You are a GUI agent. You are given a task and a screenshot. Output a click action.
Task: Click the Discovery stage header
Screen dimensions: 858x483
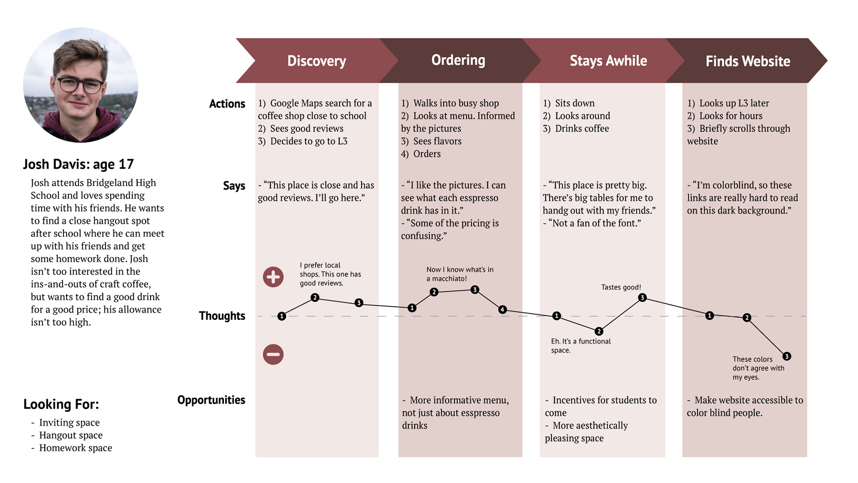click(x=316, y=61)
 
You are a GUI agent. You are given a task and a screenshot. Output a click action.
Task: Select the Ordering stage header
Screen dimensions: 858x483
click(x=458, y=60)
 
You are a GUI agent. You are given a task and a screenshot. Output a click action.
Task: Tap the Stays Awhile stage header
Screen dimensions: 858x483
click(x=608, y=61)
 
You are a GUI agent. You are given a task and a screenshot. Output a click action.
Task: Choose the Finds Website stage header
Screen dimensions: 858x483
click(x=748, y=61)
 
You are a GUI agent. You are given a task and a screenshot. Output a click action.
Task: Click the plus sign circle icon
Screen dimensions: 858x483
click(x=273, y=277)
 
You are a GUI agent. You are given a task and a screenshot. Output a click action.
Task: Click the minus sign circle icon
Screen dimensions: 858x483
click(x=273, y=354)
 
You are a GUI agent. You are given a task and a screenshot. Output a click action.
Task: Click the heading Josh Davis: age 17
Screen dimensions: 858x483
click(x=78, y=164)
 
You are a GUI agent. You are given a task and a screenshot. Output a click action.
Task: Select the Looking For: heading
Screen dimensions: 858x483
click(x=61, y=404)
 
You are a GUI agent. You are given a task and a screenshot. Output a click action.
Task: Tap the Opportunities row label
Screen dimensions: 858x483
click(x=211, y=400)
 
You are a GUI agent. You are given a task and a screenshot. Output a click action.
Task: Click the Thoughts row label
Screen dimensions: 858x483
click(x=222, y=316)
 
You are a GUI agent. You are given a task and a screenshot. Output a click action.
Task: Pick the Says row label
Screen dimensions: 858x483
click(x=234, y=186)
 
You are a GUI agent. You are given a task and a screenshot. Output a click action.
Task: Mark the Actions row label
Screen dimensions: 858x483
click(x=227, y=104)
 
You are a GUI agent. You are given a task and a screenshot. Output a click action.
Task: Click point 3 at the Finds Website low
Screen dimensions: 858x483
click(x=786, y=356)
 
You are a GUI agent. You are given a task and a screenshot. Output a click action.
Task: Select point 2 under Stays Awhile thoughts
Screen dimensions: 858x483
click(x=599, y=331)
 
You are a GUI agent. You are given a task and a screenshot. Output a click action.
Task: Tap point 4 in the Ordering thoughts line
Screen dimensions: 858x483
click(x=502, y=309)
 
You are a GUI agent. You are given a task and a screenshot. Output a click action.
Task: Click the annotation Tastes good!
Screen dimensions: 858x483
click(x=621, y=287)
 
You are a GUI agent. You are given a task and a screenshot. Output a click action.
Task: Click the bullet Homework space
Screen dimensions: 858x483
click(x=75, y=448)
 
